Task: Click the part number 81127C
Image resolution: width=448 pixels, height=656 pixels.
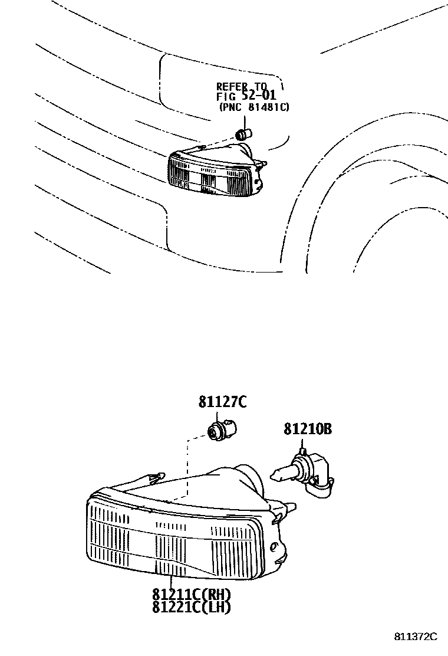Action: (x=222, y=402)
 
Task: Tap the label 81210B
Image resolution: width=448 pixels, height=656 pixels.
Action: (x=307, y=429)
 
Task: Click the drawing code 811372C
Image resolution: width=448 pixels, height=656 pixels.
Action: (x=416, y=637)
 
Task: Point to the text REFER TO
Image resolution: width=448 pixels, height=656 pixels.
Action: (x=242, y=87)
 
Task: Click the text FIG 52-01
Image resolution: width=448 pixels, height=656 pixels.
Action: (x=246, y=96)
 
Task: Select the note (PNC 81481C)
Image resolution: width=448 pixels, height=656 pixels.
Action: (x=253, y=107)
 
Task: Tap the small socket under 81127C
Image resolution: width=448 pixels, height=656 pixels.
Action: (x=219, y=429)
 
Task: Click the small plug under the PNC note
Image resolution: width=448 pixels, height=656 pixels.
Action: (x=243, y=134)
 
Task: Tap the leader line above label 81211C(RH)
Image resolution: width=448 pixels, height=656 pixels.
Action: (x=170, y=580)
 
